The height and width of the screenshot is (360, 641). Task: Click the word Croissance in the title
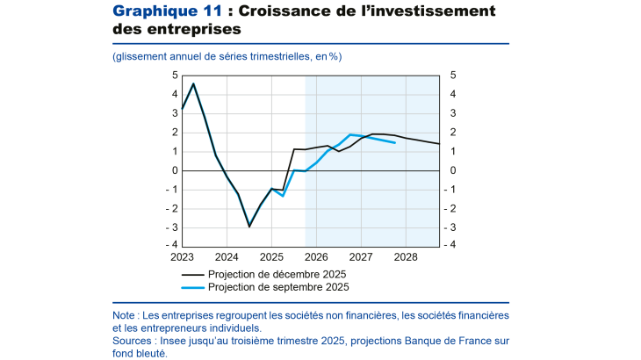point(285,11)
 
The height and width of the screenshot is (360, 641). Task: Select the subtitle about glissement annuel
point(227,56)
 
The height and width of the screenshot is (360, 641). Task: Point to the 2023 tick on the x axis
point(183,257)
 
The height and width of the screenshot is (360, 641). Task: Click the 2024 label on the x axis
point(227,257)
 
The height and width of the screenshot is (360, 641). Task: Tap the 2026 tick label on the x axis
point(316,257)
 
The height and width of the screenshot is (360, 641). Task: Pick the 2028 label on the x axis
point(406,257)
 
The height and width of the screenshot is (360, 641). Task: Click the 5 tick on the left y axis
point(175,76)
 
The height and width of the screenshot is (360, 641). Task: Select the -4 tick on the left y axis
point(173,245)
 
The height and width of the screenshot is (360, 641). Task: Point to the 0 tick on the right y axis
point(453,170)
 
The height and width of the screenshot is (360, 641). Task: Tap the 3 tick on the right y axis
point(453,113)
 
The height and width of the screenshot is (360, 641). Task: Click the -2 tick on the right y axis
point(455,208)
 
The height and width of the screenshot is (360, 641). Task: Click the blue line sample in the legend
point(193,286)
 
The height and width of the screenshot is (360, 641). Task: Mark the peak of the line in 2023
point(193,84)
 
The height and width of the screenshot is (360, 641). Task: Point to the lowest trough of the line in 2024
point(249,227)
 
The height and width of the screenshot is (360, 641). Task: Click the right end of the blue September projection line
point(394,142)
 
